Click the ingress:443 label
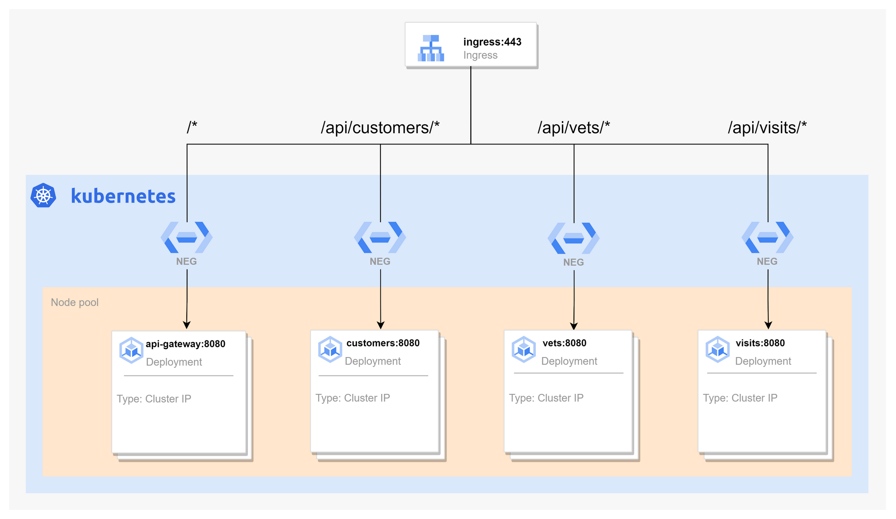492,42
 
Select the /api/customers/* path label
380,128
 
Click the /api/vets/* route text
573,128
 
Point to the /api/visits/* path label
767,128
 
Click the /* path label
192,127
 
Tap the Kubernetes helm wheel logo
43,196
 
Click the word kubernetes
123,196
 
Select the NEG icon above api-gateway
187,237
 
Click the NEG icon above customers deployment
380,237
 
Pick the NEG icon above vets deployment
573,238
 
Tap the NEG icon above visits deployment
767,237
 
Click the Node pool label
74,302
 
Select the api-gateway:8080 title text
185,344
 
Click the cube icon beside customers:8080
330,349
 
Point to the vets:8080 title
564,343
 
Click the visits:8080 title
760,343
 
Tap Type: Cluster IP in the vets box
546,398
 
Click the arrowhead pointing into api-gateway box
187,325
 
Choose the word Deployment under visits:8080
763,361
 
